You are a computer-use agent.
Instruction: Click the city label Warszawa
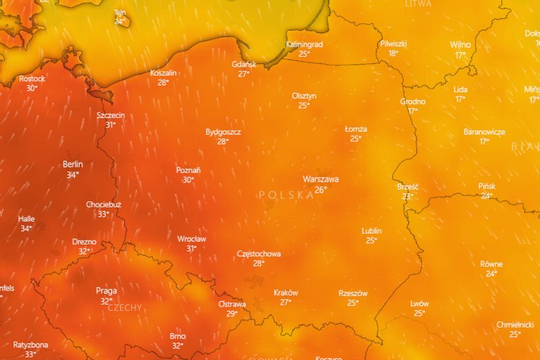click(320, 180)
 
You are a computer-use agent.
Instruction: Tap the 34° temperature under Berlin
click(72, 174)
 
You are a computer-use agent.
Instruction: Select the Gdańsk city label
click(244, 65)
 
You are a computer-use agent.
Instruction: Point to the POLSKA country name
click(287, 195)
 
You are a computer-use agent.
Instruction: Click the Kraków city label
click(286, 293)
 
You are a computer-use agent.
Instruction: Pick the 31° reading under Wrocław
click(191, 249)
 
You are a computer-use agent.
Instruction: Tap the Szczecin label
click(111, 115)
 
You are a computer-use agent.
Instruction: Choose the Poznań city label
click(188, 171)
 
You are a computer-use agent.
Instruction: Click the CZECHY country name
click(125, 308)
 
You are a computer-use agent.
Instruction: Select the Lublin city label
click(372, 231)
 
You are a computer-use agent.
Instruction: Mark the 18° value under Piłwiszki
click(393, 53)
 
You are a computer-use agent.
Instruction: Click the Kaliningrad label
click(304, 45)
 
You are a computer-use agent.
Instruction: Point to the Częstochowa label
click(259, 254)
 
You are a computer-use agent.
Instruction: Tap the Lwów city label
click(420, 304)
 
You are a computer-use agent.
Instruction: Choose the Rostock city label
click(32, 79)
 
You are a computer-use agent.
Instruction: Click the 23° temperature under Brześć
click(408, 197)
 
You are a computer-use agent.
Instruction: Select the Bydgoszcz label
click(223, 132)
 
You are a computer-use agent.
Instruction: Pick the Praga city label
click(106, 291)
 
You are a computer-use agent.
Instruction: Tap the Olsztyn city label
click(304, 96)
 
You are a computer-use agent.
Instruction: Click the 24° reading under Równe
click(491, 274)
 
